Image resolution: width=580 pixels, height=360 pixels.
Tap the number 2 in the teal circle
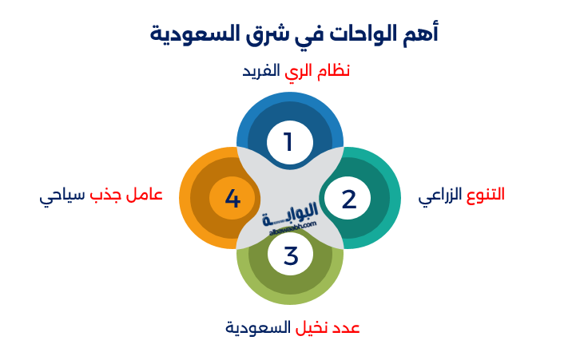point(348,199)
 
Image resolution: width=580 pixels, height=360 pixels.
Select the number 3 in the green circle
point(290,256)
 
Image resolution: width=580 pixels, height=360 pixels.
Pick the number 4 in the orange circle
point(232,198)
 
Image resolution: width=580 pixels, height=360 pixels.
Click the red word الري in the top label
point(296,71)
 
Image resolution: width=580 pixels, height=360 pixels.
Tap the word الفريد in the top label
point(262,71)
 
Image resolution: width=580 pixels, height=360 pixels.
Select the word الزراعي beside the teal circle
point(439,196)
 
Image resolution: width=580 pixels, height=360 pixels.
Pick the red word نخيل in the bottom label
point(313,328)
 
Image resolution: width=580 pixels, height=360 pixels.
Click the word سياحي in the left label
point(61,196)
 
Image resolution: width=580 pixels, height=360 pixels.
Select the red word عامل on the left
point(145,195)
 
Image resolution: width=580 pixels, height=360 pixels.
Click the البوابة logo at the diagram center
point(290,215)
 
